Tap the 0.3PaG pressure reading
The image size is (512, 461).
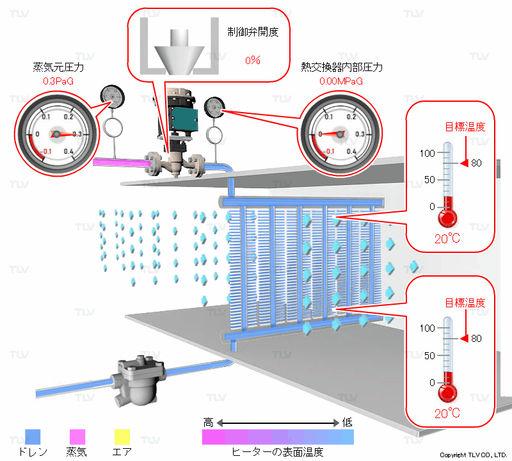[59, 81]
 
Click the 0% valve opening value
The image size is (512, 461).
[252, 60]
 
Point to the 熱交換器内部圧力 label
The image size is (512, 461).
[342, 67]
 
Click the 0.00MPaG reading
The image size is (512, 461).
[341, 81]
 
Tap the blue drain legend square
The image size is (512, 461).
[32, 437]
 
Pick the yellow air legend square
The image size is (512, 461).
[122, 437]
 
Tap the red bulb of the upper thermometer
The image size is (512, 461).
[447, 218]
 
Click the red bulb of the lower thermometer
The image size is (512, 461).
[447, 392]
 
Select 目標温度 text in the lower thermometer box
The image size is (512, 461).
[465, 303]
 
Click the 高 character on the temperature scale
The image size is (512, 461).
[208, 423]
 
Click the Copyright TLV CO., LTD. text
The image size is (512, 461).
[473, 455]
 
